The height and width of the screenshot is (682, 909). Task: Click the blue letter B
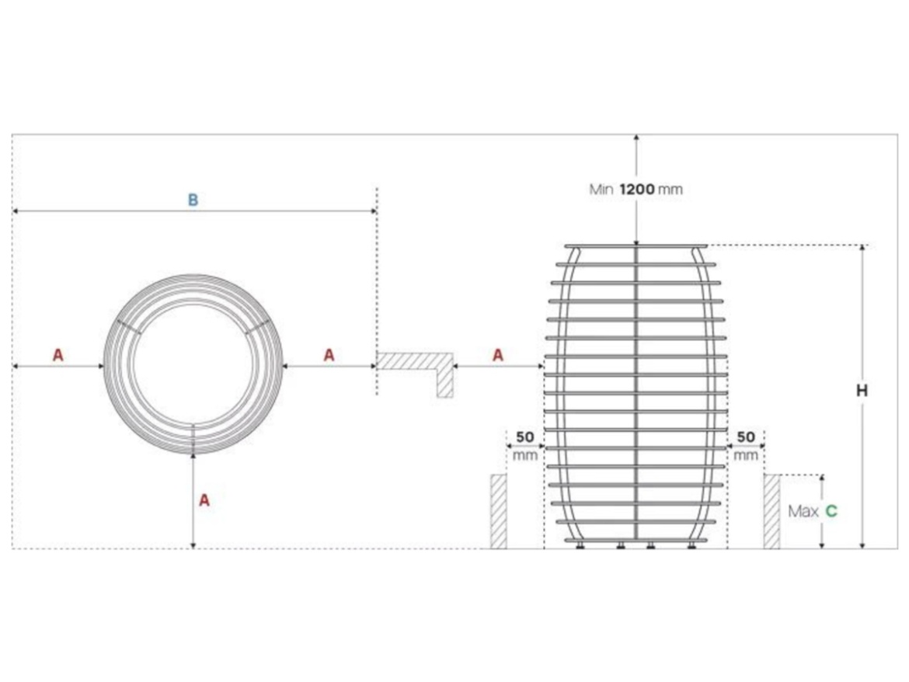(193, 200)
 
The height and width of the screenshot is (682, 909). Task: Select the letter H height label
(862, 391)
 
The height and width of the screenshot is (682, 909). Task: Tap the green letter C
(831, 511)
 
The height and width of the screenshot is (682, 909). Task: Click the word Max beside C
(803, 511)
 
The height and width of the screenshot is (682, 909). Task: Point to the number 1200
(637, 189)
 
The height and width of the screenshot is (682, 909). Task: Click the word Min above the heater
(601, 189)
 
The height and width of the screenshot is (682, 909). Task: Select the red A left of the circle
(58, 355)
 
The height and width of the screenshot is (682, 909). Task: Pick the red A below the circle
(204, 500)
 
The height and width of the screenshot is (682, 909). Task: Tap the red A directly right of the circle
(329, 355)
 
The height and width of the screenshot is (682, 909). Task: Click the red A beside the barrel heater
(498, 355)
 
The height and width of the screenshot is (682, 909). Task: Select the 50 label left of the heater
(525, 437)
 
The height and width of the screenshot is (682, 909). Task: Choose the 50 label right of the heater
(746, 437)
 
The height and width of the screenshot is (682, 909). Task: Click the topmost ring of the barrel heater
(636, 247)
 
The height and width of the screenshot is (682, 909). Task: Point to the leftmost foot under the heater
(580, 545)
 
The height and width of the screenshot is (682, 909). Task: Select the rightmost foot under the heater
(691, 545)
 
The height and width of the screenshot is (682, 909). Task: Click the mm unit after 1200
(670, 189)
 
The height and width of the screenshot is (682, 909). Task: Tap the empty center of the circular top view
(193, 365)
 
